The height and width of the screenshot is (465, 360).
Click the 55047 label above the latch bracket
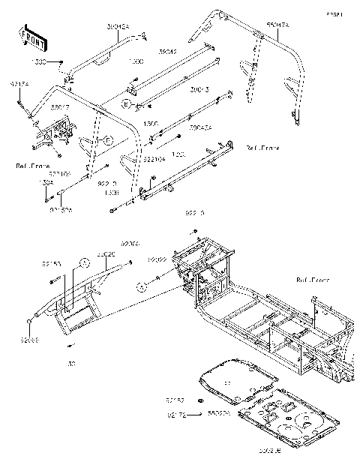click(x=61, y=107)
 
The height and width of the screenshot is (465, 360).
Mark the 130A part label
click(x=46, y=182)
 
